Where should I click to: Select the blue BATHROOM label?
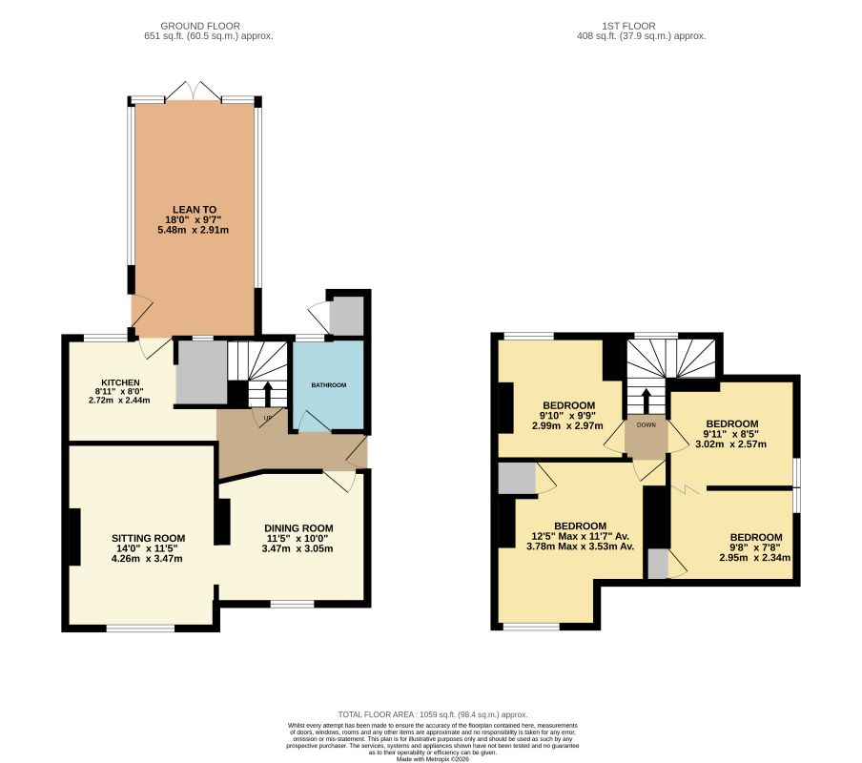click(x=328, y=385)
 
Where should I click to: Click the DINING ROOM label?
click(x=298, y=528)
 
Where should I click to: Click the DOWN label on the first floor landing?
click(x=646, y=426)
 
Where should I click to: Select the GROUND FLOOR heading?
click(x=200, y=26)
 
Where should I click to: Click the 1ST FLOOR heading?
click(x=630, y=26)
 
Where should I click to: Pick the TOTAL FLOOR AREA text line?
click(x=433, y=714)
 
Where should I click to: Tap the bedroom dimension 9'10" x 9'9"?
click(x=568, y=415)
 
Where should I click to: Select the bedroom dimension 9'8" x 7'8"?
click(x=755, y=547)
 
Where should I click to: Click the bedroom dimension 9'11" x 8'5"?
click(x=731, y=434)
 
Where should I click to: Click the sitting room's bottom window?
click(x=140, y=628)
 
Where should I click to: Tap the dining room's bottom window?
click(x=292, y=604)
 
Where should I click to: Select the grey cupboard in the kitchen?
click(x=200, y=372)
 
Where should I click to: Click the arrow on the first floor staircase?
click(x=646, y=399)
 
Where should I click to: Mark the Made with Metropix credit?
click(x=433, y=758)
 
